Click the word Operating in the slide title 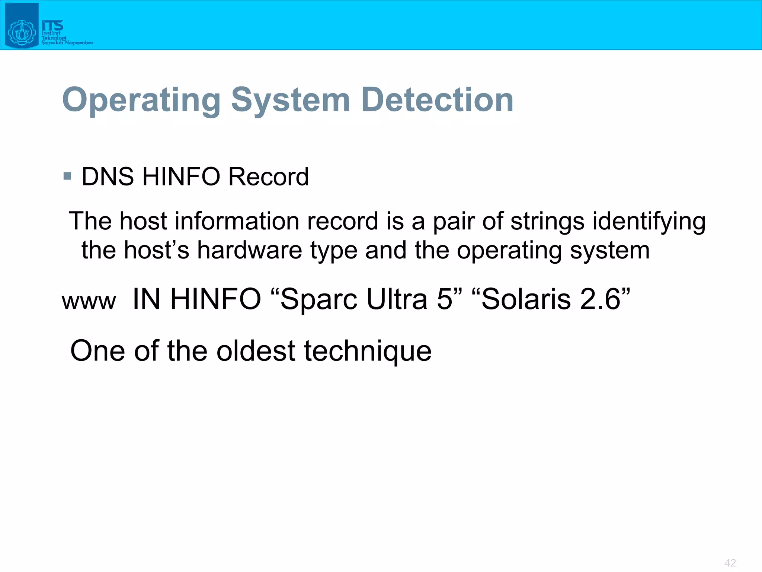pos(141,100)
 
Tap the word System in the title pos(291,100)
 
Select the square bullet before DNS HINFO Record pos(67,176)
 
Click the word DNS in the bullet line pos(108,177)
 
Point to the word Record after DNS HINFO pos(268,177)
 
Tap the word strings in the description pos(547,221)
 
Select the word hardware pos(249,250)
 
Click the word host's pos(156,250)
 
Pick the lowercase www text pos(89,301)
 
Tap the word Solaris pos(526,299)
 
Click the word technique pos(368,351)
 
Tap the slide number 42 pos(730,563)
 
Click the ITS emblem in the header pos(22,26)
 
